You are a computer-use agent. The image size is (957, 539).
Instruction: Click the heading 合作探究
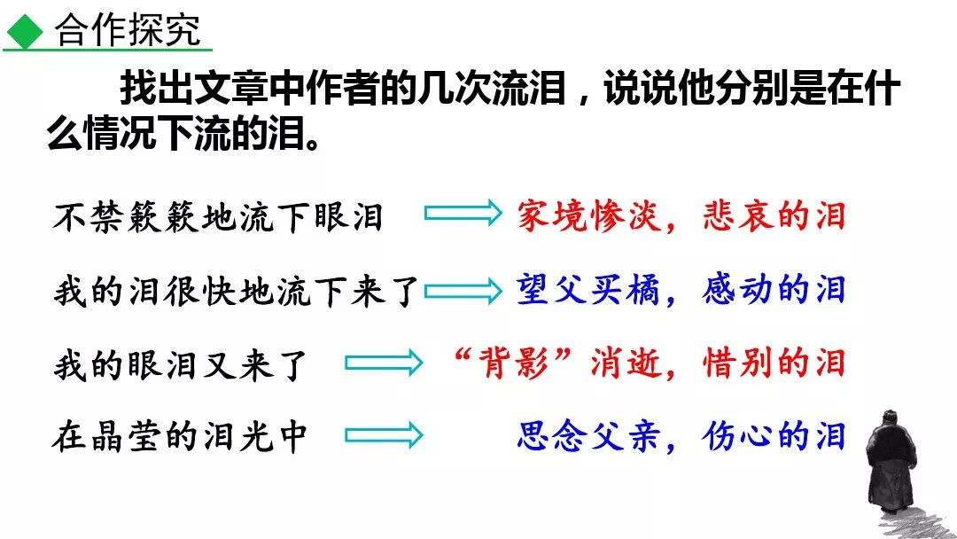pos(128,31)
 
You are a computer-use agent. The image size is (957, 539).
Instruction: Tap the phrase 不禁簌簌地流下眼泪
pos(218,216)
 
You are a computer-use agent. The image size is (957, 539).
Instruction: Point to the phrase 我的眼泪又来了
pos(181,363)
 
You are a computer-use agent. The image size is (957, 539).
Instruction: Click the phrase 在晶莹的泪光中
pos(181,437)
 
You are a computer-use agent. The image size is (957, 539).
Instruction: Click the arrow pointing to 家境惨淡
pos(463,214)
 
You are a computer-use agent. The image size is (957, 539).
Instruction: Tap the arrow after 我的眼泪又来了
pos(383,363)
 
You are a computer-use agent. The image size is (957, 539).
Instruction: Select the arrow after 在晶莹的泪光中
pos(383,435)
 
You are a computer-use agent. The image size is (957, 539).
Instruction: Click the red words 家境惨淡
pos(588,216)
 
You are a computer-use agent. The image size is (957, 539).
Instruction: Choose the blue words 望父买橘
pos(588,290)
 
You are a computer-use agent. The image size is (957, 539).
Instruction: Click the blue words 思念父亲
pos(588,437)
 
